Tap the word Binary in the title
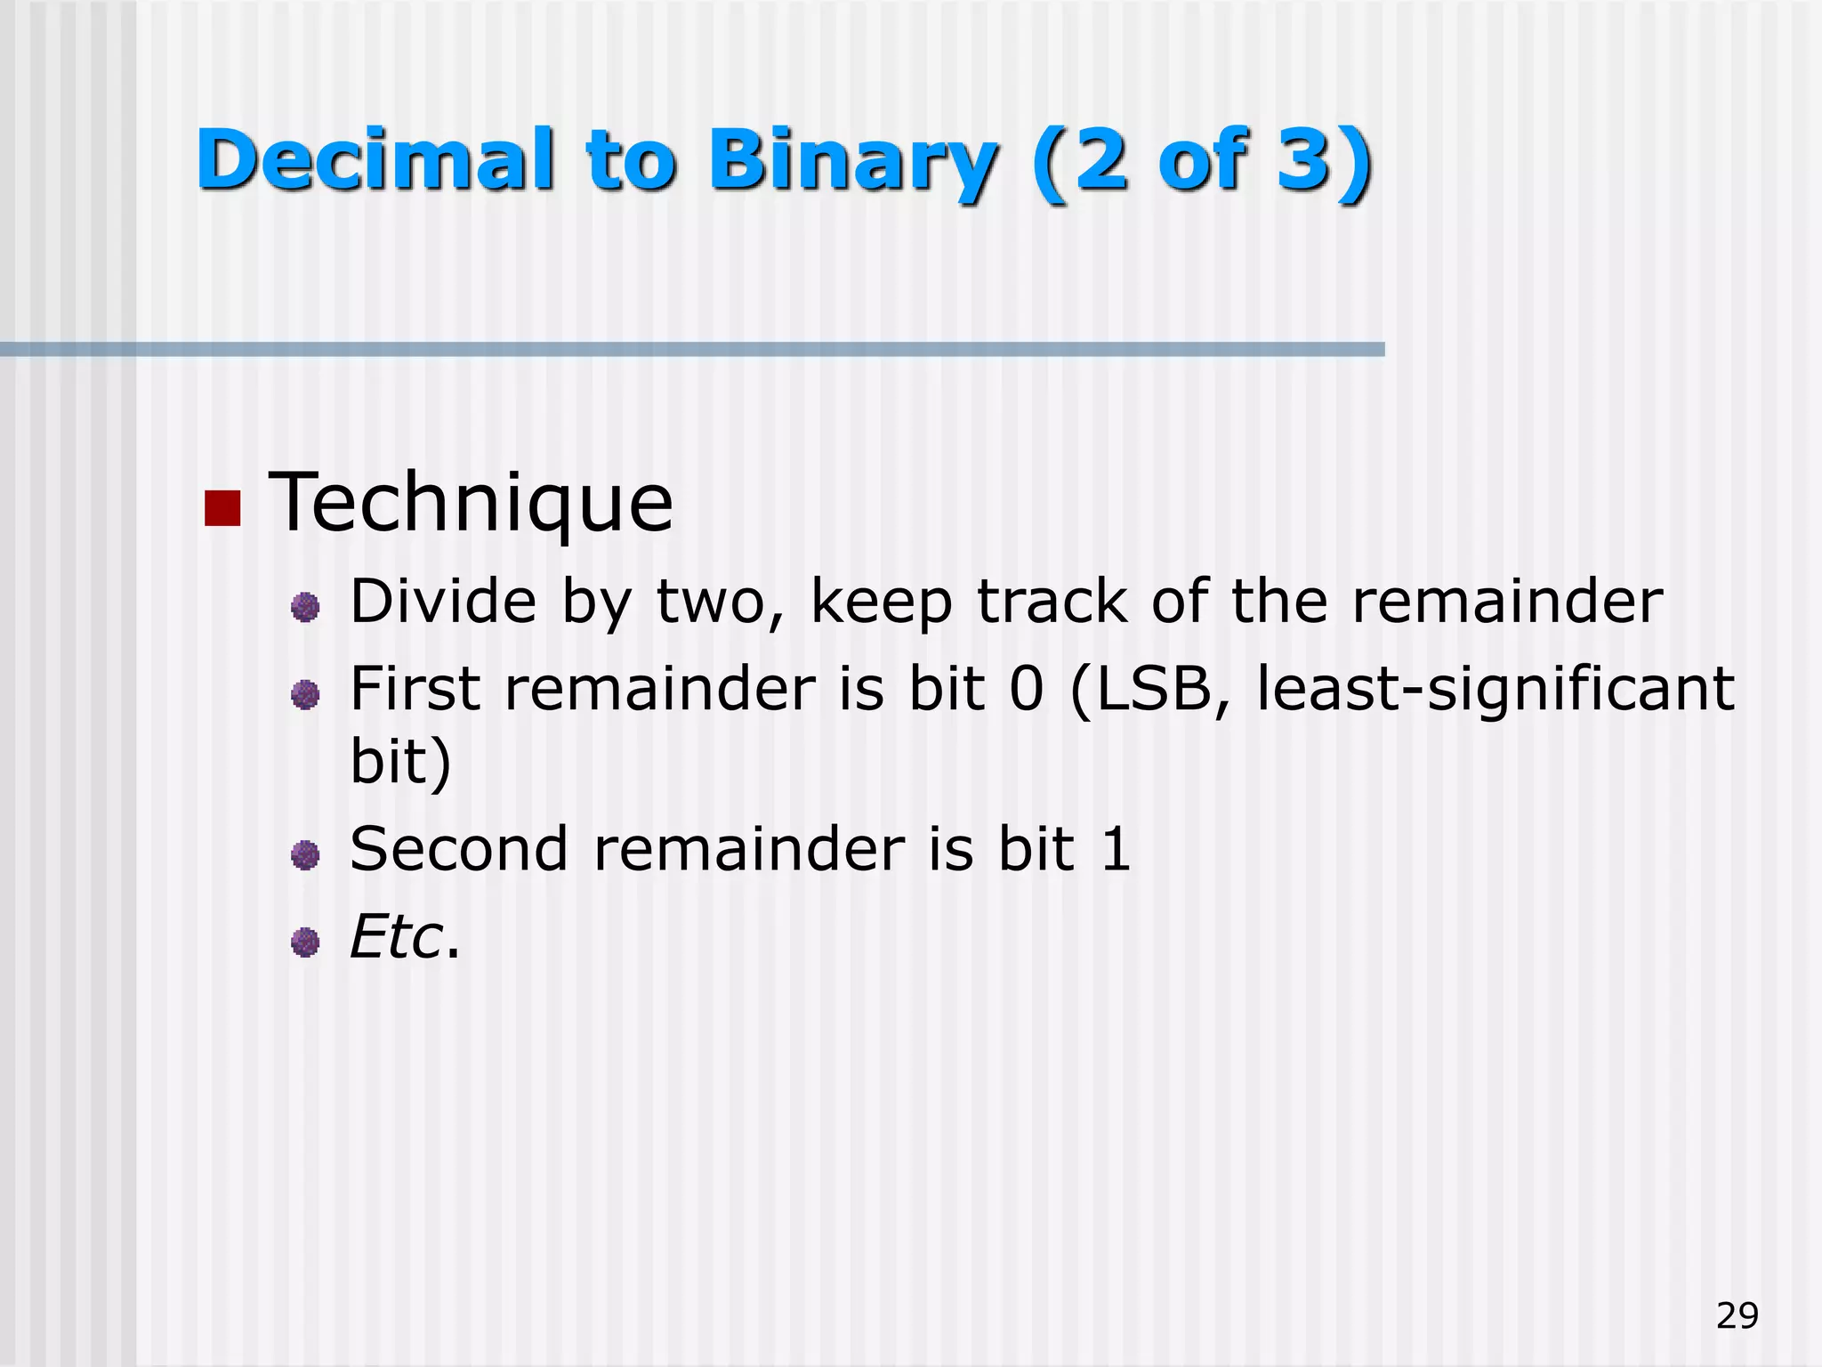tap(854, 161)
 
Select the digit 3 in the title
tap(1306, 159)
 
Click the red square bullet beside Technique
tap(222, 508)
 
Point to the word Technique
tap(471, 503)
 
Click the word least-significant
tap(1495, 690)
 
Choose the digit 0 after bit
tap(1027, 689)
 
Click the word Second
tap(458, 848)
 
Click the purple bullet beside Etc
tap(305, 942)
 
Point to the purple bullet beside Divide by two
tap(305, 608)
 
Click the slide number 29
tap(1737, 1315)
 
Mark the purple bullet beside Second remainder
tap(305, 855)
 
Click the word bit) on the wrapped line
tap(400, 762)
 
